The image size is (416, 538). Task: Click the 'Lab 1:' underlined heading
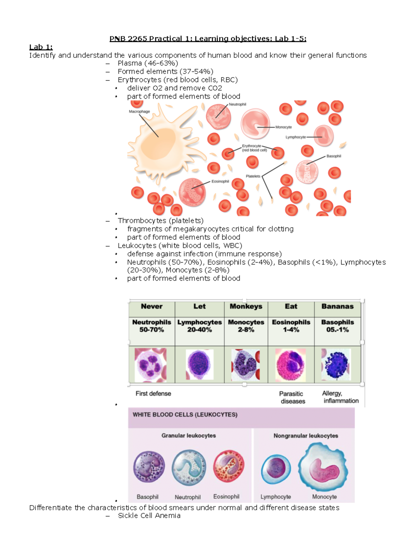click(x=41, y=47)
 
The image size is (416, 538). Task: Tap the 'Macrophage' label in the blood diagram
click(x=139, y=112)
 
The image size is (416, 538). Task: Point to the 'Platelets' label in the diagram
click(x=253, y=176)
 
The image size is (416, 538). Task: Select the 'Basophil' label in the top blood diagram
click(x=333, y=156)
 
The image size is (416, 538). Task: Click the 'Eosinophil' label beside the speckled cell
click(x=220, y=182)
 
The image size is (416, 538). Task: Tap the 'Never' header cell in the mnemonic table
click(x=151, y=307)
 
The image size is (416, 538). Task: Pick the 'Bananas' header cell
click(x=337, y=307)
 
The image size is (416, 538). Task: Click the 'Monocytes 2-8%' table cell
click(x=246, y=326)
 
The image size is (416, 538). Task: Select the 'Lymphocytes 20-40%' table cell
click(x=199, y=326)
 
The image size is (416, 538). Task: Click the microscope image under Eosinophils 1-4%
click(x=291, y=364)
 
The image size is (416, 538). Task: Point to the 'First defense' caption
click(x=153, y=394)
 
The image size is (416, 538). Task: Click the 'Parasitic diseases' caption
click(x=292, y=397)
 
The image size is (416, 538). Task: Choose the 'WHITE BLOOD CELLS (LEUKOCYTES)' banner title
click(x=185, y=415)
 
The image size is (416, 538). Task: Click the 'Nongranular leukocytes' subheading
click(x=305, y=436)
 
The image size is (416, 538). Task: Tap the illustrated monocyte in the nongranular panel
click(x=324, y=468)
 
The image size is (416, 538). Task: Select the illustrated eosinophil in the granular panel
click(x=228, y=466)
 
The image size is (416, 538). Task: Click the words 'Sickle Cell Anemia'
click(x=149, y=516)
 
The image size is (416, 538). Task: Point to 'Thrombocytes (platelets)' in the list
click(x=161, y=221)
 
